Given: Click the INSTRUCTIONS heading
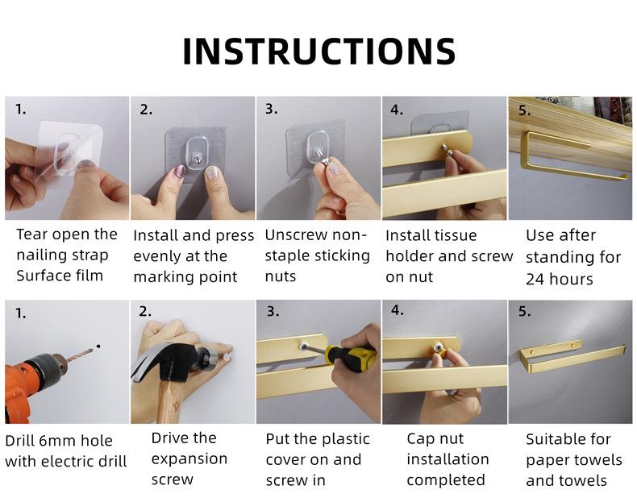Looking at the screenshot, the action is tap(319, 51).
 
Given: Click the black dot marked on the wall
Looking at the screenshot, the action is tap(98, 346).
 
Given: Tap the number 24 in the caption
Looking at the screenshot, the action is tap(535, 280).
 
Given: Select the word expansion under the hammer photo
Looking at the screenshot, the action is tap(189, 459).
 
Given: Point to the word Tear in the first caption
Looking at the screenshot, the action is tap(31, 234).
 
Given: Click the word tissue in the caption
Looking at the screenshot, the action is tap(455, 235).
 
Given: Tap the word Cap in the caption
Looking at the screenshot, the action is tap(421, 438).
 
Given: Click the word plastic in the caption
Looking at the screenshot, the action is tap(340, 439).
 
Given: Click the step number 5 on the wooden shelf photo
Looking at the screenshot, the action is tap(524, 110).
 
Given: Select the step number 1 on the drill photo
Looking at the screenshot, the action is tap(20, 313).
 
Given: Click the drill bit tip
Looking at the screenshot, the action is tap(92, 349).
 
